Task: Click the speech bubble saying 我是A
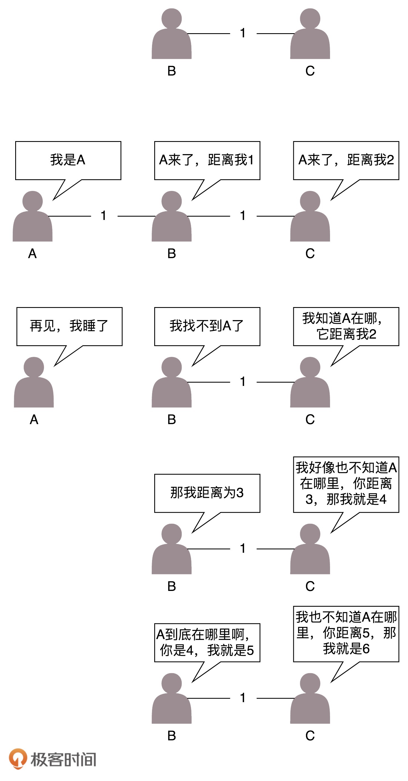coord(68,160)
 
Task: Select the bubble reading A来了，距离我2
coord(346,160)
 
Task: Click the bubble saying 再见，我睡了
coord(69,326)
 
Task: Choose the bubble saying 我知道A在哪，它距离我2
coord(346,326)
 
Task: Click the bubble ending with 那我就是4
coord(346,484)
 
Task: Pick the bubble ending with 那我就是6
coord(346,634)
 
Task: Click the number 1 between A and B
coord(104,216)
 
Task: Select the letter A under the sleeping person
coord(34,420)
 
